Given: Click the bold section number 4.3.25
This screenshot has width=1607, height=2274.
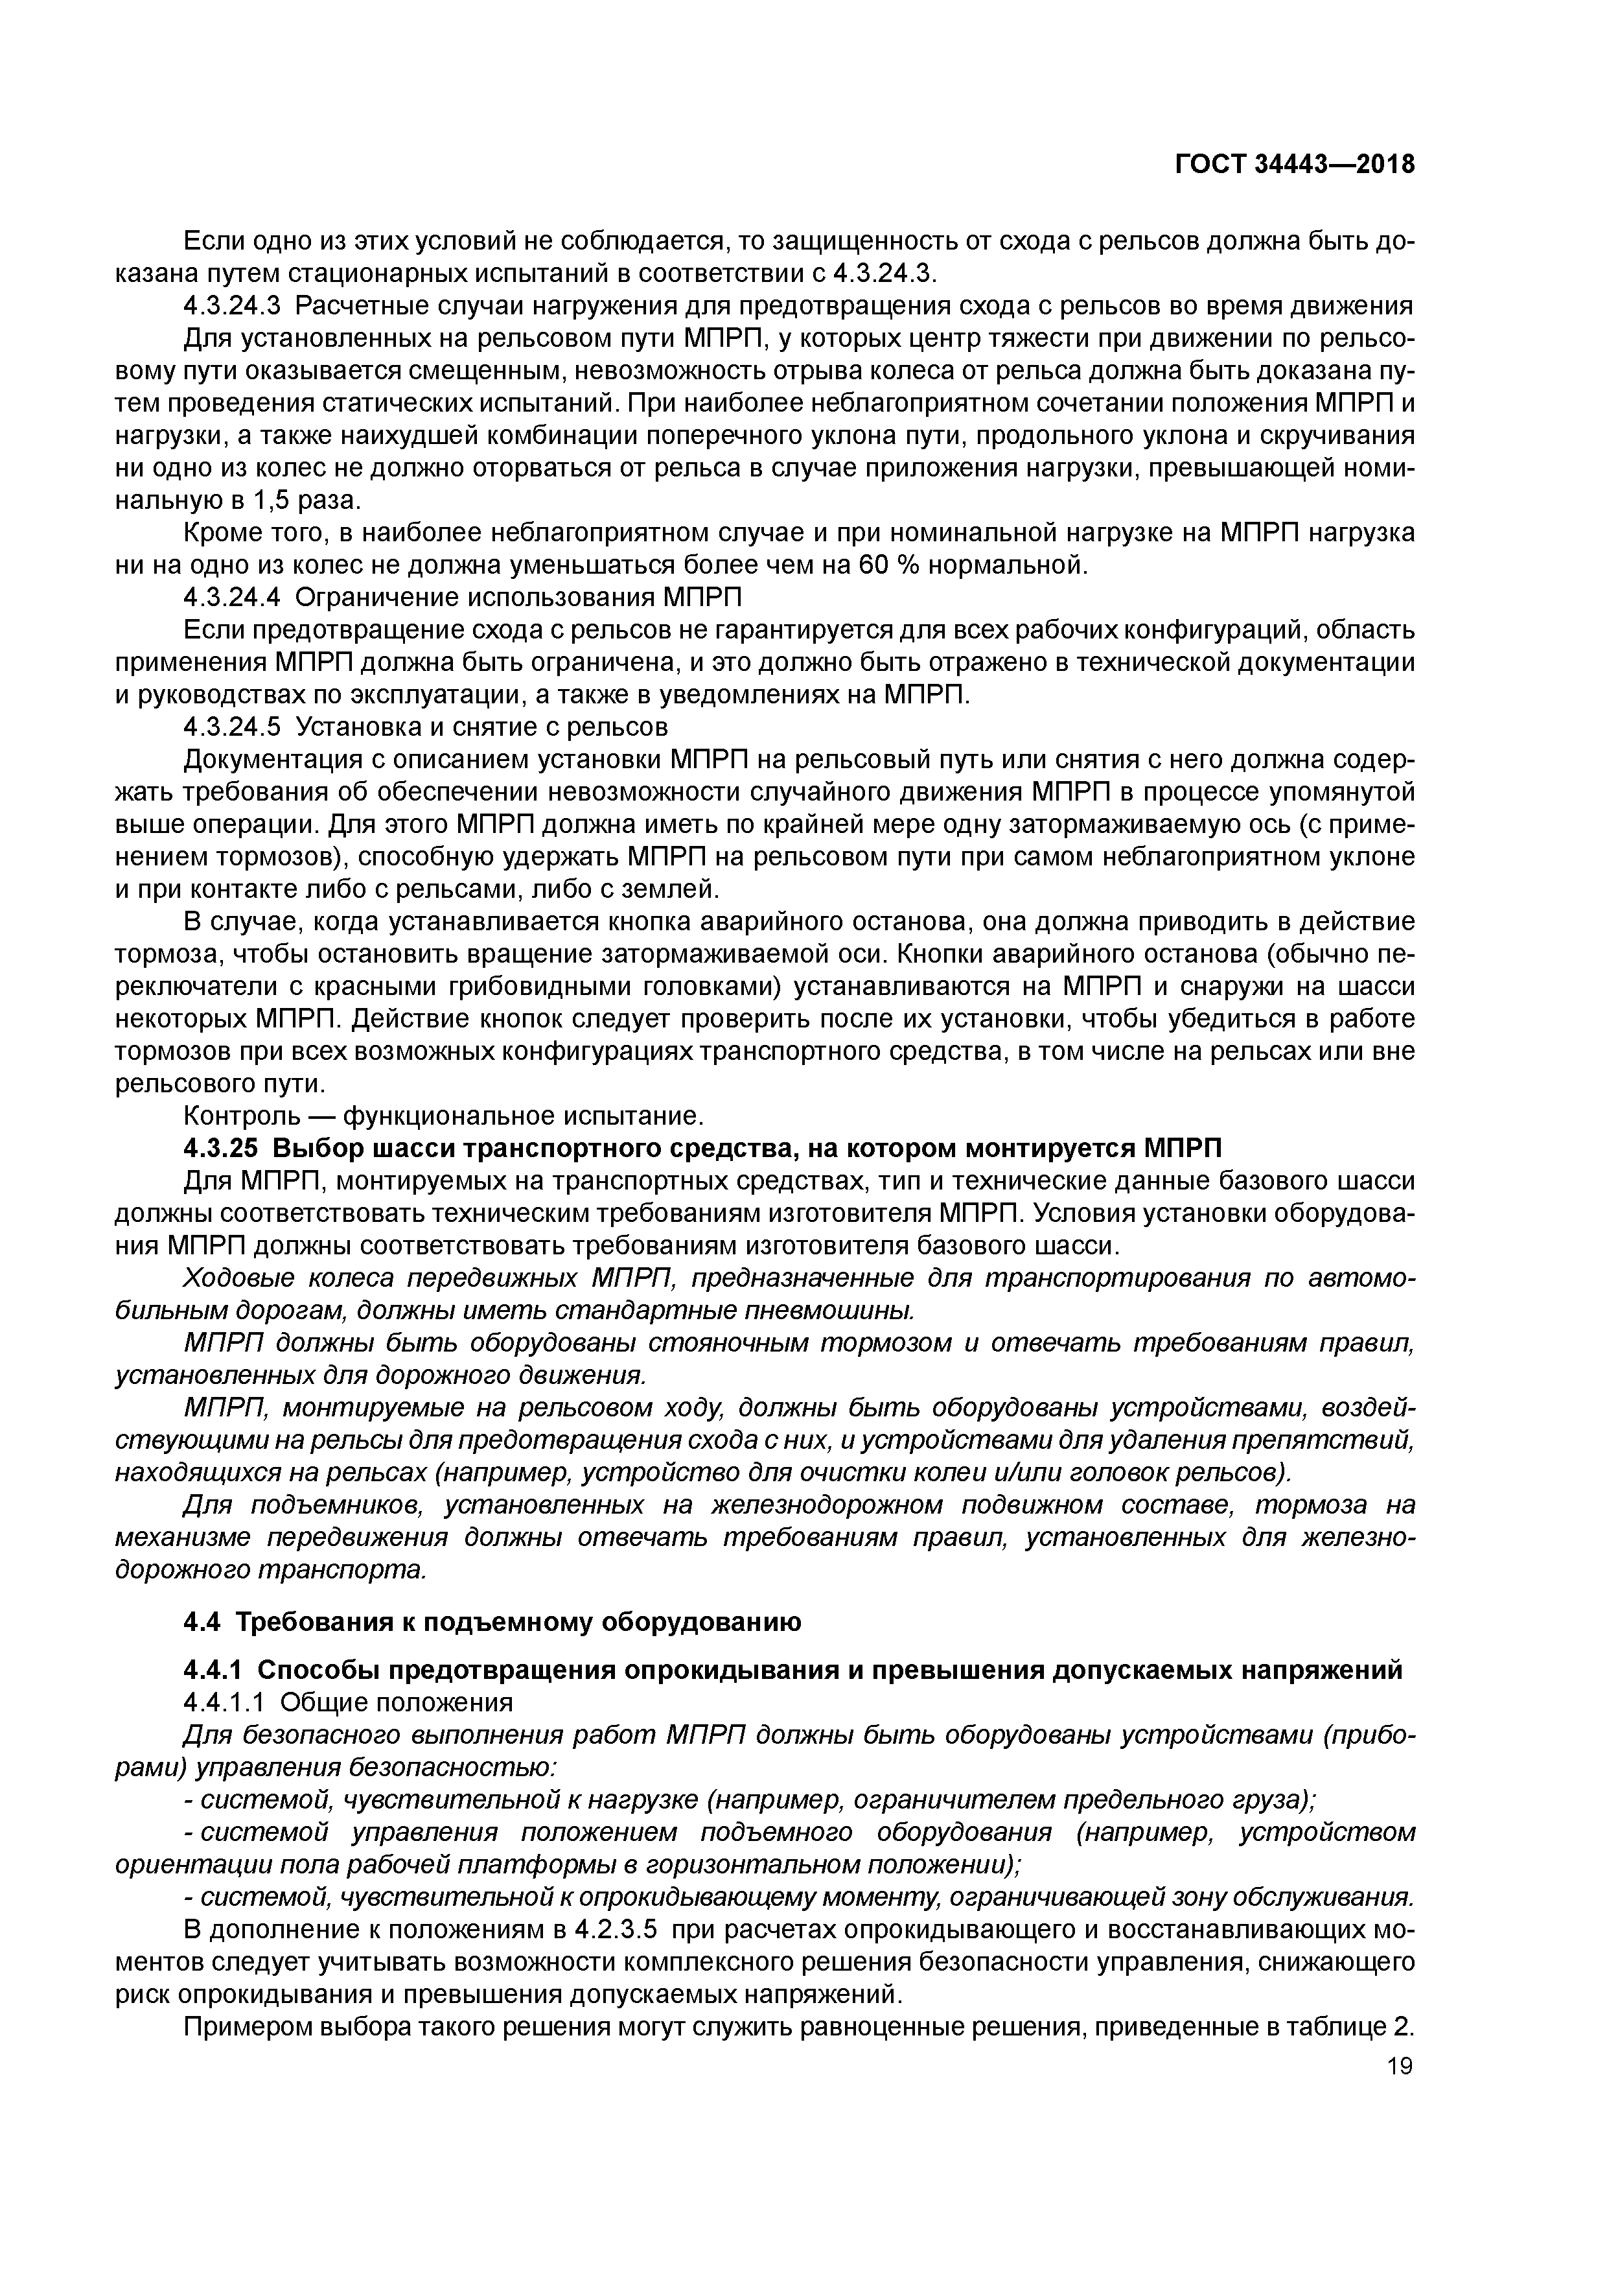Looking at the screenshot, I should pyautogui.click(x=220, y=1149).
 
